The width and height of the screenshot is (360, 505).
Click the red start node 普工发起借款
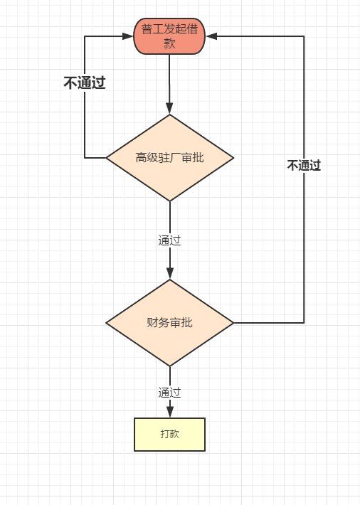(169, 36)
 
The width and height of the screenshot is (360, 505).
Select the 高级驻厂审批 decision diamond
(169, 157)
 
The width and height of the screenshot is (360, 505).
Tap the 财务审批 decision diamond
(169, 323)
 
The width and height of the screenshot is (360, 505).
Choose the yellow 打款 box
(169, 434)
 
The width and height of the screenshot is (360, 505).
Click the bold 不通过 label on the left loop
(84, 83)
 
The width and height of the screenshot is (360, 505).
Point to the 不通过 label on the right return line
(304, 166)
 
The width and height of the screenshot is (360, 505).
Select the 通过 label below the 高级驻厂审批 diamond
(169, 240)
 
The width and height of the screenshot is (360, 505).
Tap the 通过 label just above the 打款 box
(169, 393)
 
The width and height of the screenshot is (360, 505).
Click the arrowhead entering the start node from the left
(128, 36)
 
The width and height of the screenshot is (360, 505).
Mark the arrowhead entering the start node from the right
(211, 36)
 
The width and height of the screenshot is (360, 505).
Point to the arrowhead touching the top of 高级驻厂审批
(169, 109)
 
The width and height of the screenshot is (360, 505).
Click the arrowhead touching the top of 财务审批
(169, 274)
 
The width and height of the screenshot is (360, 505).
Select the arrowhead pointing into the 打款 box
(169, 413)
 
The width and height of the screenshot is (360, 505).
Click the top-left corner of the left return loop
(85, 36)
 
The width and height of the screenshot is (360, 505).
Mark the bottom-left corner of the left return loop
(85, 157)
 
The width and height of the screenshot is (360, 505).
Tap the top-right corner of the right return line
(304, 36)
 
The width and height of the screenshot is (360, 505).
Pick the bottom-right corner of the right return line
(304, 323)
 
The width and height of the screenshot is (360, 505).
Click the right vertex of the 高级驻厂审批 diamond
(233, 157)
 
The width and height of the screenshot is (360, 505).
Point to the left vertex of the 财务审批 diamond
(107, 323)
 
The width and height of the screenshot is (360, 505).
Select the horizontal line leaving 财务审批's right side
(269, 323)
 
